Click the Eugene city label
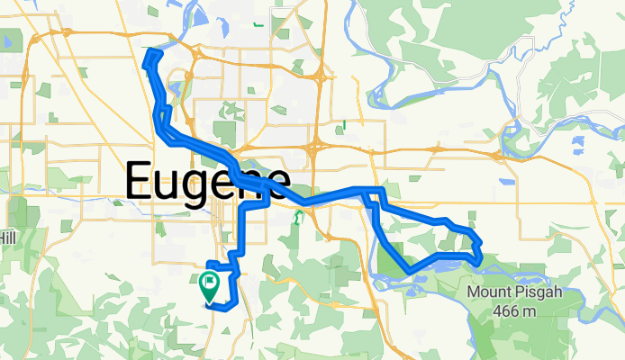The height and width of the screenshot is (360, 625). [x=207, y=183]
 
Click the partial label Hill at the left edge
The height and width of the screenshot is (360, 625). [x=7, y=235]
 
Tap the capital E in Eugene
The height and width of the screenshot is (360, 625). [x=140, y=183]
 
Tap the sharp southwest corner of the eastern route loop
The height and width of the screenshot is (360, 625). [x=410, y=270]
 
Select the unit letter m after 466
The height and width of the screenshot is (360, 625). [x=525, y=311]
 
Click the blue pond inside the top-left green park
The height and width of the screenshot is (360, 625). [x=11, y=40]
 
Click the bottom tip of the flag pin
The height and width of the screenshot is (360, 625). [x=209, y=300]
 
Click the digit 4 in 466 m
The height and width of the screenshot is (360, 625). [x=496, y=311]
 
